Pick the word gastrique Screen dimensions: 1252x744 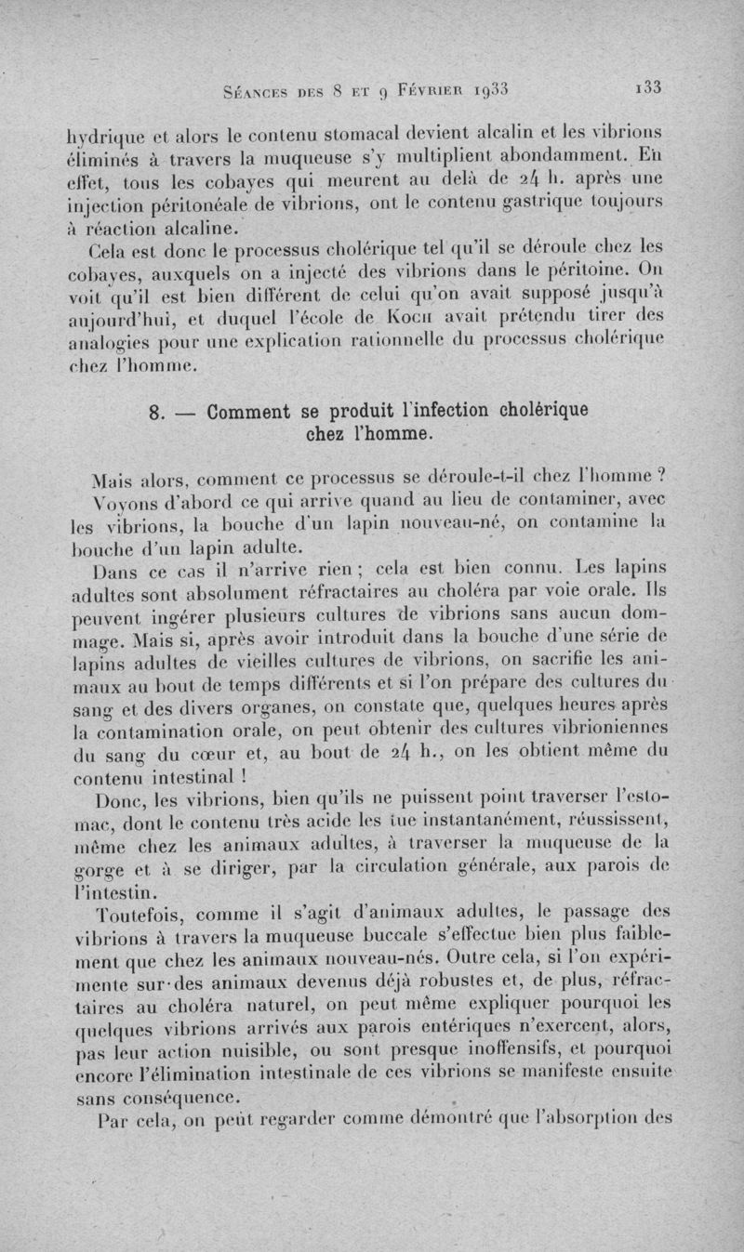click(x=547, y=196)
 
